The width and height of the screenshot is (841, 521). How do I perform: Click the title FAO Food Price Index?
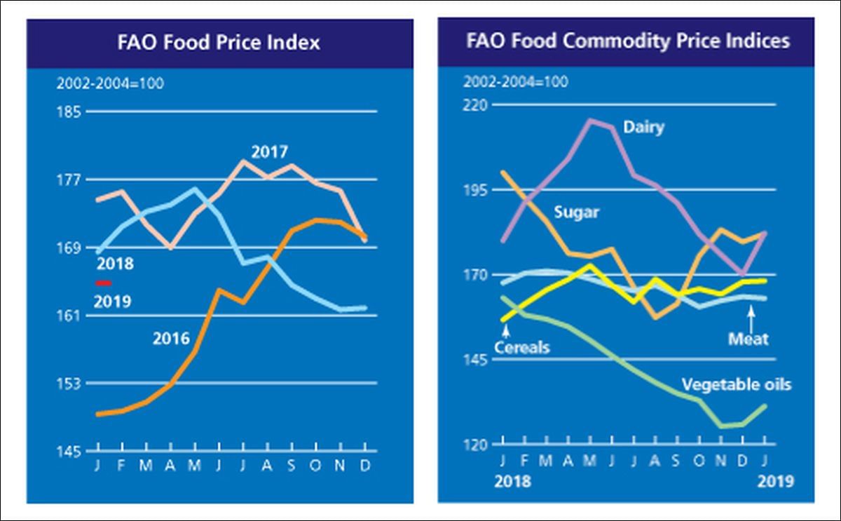[218, 42]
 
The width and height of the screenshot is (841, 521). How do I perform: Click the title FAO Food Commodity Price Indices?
[627, 41]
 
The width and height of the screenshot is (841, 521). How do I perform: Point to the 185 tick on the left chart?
[69, 112]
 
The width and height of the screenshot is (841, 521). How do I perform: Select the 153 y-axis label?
[69, 384]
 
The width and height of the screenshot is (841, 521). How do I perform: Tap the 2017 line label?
[270, 151]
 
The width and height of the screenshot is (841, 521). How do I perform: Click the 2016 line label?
[171, 339]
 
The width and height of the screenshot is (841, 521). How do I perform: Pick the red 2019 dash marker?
[104, 283]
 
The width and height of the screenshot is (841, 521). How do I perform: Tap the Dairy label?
[643, 128]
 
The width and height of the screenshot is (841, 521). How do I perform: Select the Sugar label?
[576, 212]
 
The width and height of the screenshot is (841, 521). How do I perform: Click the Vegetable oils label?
[737, 385]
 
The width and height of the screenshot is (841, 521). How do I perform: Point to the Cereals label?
[522, 347]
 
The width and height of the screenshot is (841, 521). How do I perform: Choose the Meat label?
[748, 339]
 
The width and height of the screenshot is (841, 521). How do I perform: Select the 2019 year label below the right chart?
[775, 482]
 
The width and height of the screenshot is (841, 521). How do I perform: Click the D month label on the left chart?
[365, 465]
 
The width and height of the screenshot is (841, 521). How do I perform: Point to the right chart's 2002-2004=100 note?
[514, 81]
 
